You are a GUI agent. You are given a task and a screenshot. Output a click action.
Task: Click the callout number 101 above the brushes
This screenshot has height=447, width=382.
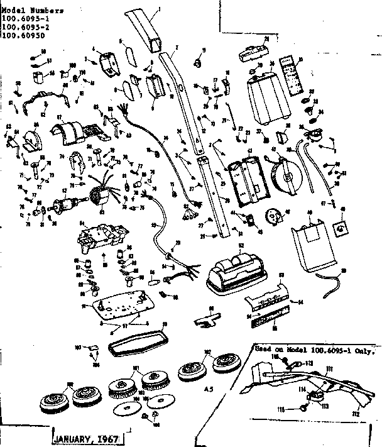coord(135,369)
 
